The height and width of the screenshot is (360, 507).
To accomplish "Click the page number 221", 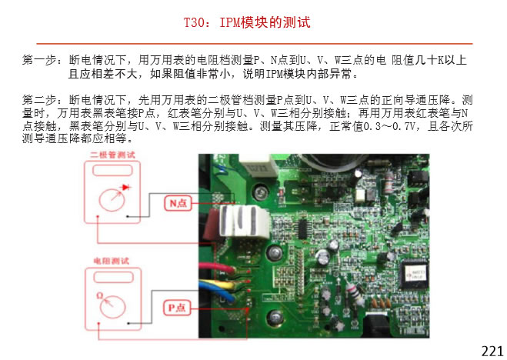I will [x=492, y=351].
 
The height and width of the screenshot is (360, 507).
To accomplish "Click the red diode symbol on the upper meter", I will [x=126, y=187].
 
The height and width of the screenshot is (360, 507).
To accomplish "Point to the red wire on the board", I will [x=223, y=268].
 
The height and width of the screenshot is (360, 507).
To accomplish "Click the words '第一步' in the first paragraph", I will [x=38, y=59].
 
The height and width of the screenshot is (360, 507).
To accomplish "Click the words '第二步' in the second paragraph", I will [x=38, y=100].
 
